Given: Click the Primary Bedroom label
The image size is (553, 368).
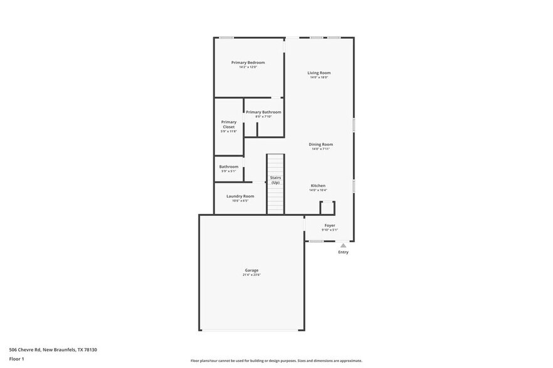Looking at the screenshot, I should pyautogui.click(x=248, y=63).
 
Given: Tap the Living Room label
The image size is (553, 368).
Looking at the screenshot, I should pyautogui.click(x=319, y=73).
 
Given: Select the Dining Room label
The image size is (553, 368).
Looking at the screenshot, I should pyautogui.click(x=321, y=145).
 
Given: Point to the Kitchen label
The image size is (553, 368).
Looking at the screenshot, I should pyautogui.click(x=318, y=186).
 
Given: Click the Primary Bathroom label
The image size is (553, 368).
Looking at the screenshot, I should pyautogui.click(x=263, y=112).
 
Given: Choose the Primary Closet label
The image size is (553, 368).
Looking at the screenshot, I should pyautogui.click(x=229, y=125).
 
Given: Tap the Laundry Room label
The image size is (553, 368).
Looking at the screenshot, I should pyautogui.click(x=240, y=196).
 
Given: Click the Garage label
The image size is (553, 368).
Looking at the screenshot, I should pyautogui.click(x=251, y=270).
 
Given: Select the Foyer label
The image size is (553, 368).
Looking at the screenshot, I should pyautogui.click(x=330, y=225).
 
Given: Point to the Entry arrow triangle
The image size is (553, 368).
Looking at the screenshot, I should pyautogui.click(x=343, y=246).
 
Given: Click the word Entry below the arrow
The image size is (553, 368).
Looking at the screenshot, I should pyautogui.click(x=343, y=252).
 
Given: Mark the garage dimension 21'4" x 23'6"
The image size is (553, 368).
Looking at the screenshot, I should pyautogui.click(x=251, y=275).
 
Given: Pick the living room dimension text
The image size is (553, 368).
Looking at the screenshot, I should pyautogui.click(x=319, y=78).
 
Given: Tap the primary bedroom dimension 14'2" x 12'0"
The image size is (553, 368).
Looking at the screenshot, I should pyautogui.click(x=248, y=67).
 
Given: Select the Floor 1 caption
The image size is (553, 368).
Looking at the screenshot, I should pyautogui.click(x=16, y=359).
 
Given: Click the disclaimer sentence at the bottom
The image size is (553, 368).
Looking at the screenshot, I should pyautogui.click(x=276, y=361).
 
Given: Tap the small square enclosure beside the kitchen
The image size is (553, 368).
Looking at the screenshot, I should pyautogui.click(x=327, y=208).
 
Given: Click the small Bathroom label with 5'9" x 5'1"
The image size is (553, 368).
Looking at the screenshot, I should pyautogui.click(x=229, y=166).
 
